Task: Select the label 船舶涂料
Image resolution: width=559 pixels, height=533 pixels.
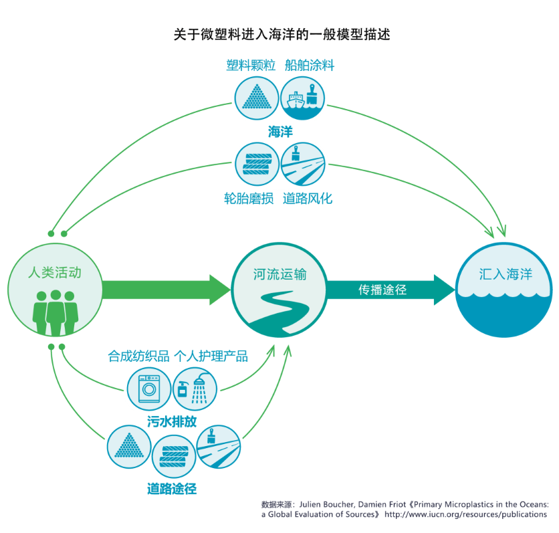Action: tap(309, 66)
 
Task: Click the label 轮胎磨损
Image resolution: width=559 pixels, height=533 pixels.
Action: tap(249, 199)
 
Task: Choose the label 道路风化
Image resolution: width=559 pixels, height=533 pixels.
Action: tap(308, 199)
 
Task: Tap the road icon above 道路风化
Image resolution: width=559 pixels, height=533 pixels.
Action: tap(302, 164)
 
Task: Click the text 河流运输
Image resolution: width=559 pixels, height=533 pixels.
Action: tap(279, 274)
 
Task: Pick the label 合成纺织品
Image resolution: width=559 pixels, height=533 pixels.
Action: tap(138, 356)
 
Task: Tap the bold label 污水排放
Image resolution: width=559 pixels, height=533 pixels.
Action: tap(172, 422)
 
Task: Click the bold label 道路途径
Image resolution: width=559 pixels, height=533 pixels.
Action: tap(172, 488)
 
